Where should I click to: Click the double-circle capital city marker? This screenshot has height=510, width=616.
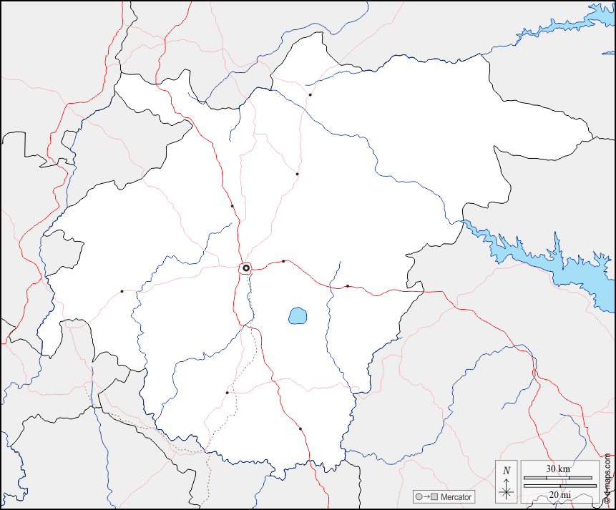[x=246, y=268]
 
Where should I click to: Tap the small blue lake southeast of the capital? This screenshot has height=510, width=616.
[x=298, y=315]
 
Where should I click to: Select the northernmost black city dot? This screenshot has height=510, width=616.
[x=310, y=94]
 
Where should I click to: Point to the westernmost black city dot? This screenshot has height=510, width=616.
[x=122, y=291]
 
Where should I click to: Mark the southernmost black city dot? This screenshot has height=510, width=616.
[x=300, y=428]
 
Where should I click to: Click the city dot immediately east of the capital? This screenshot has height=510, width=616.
[x=283, y=261]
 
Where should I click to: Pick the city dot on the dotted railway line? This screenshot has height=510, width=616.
[x=227, y=393]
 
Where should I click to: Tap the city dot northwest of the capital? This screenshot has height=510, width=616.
[x=233, y=206]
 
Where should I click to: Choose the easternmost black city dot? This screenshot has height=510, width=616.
[x=348, y=286]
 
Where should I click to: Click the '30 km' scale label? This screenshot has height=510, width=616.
[x=559, y=469]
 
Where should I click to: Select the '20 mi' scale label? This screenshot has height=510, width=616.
[x=559, y=495]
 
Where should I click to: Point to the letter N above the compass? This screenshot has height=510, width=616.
[x=507, y=470]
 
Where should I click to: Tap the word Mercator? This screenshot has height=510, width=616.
[x=456, y=497]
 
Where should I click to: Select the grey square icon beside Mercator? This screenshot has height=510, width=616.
[x=434, y=497]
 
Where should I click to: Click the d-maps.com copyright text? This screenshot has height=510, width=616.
[x=607, y=479]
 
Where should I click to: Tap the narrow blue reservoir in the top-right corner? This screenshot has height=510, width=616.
[x=565, y=28]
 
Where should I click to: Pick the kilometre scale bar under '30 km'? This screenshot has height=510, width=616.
[x=559, y=477]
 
